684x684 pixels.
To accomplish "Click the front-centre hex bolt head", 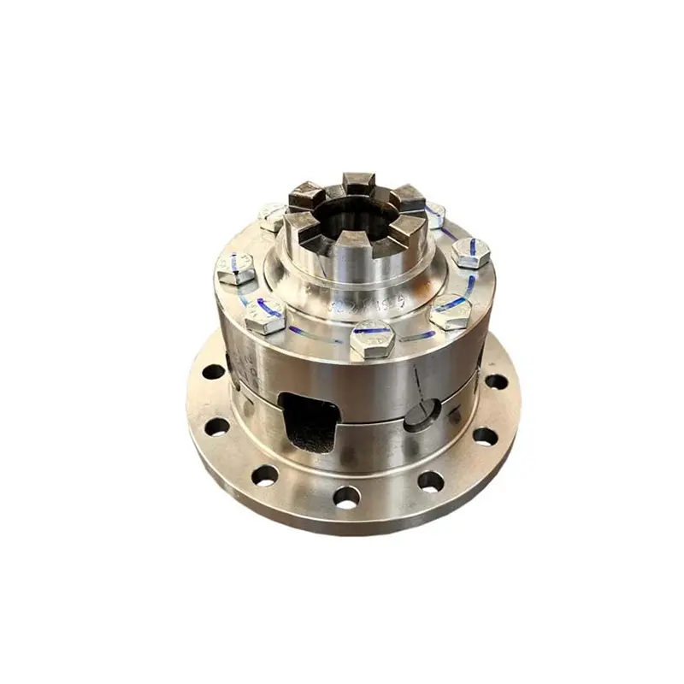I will (372, 339).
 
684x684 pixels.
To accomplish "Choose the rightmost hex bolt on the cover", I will (470, 252).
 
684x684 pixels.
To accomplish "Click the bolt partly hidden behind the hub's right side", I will (434, 213).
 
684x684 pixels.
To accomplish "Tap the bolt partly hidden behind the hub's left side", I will (272, 215).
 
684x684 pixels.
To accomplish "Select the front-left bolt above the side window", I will (265, 316).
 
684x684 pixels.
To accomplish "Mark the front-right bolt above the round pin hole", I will (451, 311).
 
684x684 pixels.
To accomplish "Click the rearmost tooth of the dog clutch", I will (359, 182).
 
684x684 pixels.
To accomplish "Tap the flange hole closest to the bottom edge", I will (347, 495).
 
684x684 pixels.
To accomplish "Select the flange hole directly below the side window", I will (265, 475).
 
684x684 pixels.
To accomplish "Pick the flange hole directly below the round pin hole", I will (430, 481).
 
